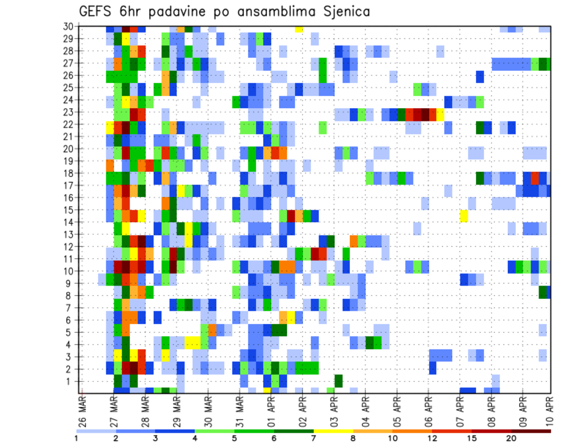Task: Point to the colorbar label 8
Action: pyautogui.click(x=353, y=438)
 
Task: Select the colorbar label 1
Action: pyautogui.click(x=76, y=438)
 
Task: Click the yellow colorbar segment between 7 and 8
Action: pyautogui.click(x=333, y=430)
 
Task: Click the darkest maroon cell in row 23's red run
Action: pyautogui.click(x=425, y=113)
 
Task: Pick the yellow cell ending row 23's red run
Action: pyautogui.click(x=441, y=113)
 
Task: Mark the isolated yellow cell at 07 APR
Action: pyautogui.click(x=464, y=216)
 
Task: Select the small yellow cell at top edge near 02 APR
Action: pyautogui.click(x=299, y=29)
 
